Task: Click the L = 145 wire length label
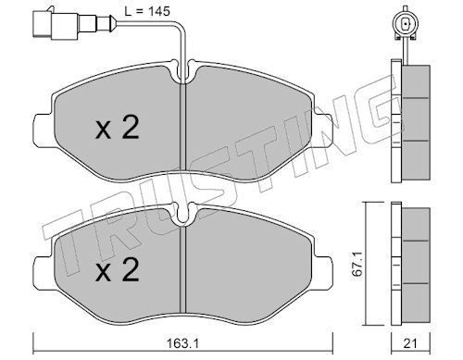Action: (x=147, y=12)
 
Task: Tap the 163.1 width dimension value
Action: (x=182, y=343)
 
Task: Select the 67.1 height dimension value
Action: (x=358, y=264)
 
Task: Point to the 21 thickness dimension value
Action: (x=410, y=343)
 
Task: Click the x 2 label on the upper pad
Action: (x=118, y=127)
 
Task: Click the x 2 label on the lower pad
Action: (x=118, y=270)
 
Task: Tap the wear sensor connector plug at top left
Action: (x=74, y=24)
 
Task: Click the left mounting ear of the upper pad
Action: (x=44, y=130)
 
